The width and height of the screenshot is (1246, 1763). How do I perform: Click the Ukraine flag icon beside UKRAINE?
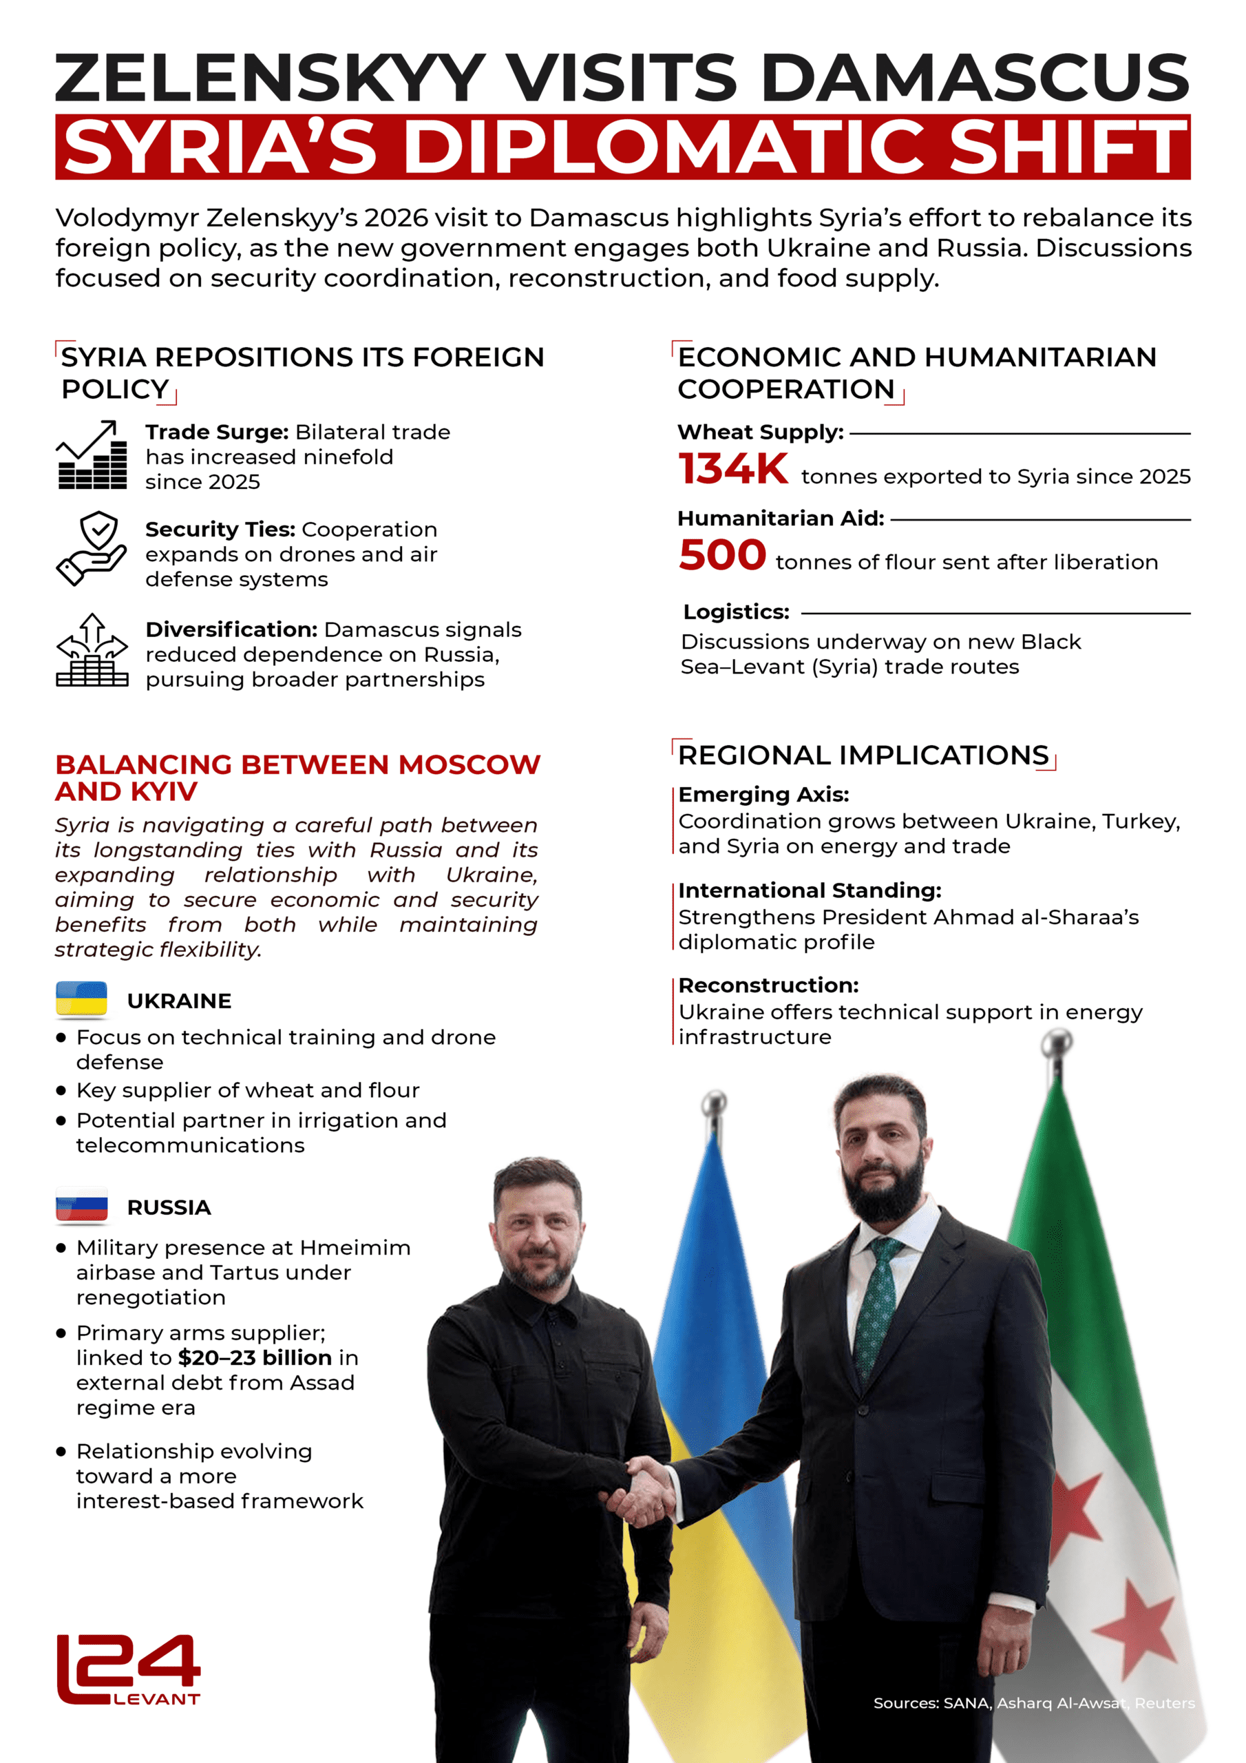pyautogui.click(x=81, y=999)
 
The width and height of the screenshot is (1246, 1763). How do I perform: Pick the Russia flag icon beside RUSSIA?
pyautogui.click(x=81, y=1206)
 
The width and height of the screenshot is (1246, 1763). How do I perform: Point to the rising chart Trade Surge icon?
pyautogui.click(x=92, y=455)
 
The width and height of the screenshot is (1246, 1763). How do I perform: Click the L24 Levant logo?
pyautogui.click(x=128, y=1669)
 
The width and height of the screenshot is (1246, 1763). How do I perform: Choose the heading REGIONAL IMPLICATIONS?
pyautogui.click(x=863, y=755)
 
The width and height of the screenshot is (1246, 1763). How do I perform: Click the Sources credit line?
pyautogui.click(x=1033, y=1703)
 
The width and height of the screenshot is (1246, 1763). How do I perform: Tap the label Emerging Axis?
pyautogui.click(x=763, y=795)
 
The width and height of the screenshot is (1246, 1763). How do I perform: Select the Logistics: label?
pyautogui.click(x=736, y=612)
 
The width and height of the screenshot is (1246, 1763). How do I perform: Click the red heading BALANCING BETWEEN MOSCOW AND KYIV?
pyautogui.click(x=297, y=777)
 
